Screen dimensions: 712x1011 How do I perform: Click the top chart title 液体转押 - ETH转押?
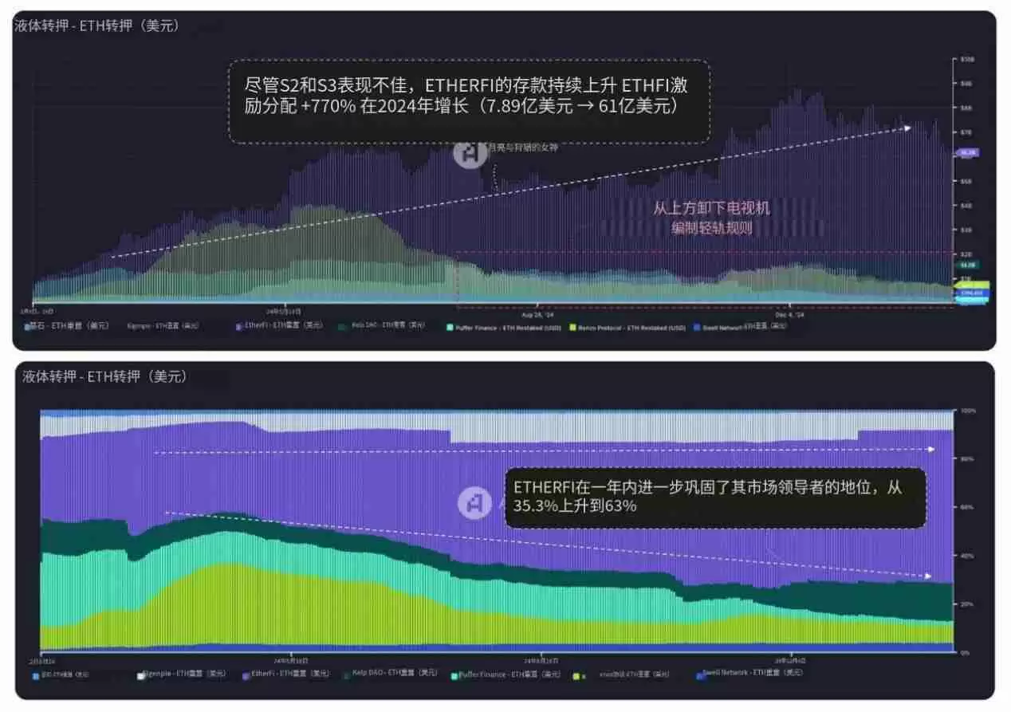click(x=96, y=26)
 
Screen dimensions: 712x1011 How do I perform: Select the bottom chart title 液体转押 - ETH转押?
click(x=104, y=376)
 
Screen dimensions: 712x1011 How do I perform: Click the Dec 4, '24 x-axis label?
click(x=788, y=315)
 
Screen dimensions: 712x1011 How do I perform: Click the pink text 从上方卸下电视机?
click(x=711, y=208)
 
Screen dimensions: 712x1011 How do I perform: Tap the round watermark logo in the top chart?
click(x=470, y=153)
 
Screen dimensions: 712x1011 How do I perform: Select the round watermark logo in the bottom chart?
click(x=474, y=503)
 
